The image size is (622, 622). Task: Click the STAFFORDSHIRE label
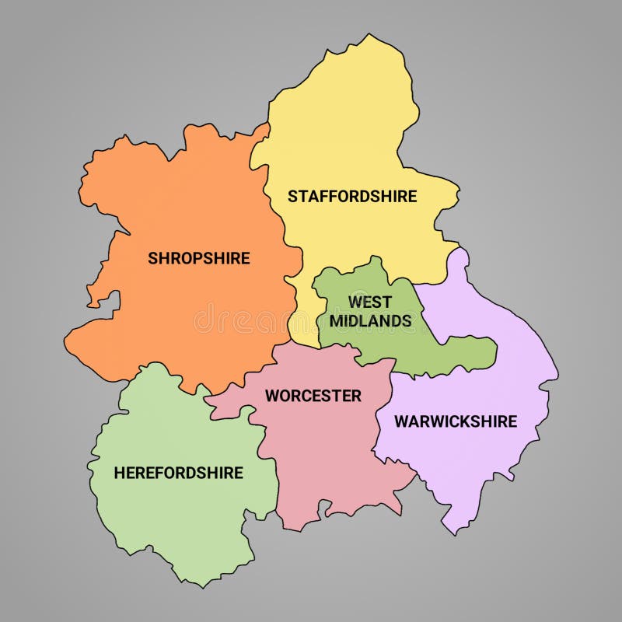click(x=352, y=196)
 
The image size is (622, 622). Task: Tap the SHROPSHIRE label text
click(x=199, y=258)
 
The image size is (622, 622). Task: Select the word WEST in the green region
click(x=370, y=302)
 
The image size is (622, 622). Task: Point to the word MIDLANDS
click(x=371, y=320)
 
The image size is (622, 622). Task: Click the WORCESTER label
click(x=313, y=396)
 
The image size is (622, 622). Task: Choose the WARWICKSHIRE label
click(x=456, y=421)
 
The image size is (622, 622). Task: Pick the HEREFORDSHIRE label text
click(x=179, y=473)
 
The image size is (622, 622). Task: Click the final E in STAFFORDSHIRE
click(x=411, y=196)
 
